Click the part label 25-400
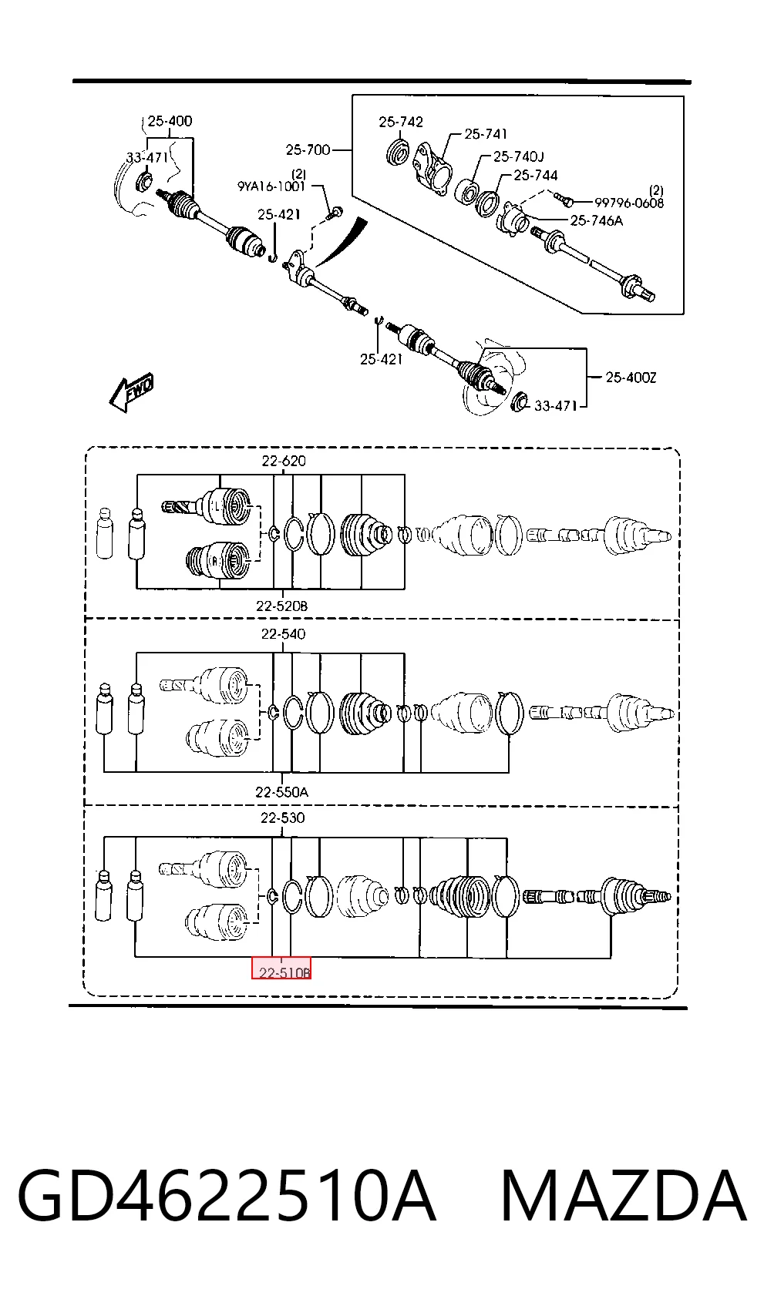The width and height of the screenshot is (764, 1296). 170,121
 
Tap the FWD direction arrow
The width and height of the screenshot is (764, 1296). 132,391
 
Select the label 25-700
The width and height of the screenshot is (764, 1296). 308,149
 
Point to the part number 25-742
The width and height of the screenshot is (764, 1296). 401,122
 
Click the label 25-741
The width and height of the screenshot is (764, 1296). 486,134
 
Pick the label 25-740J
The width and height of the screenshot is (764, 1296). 519,156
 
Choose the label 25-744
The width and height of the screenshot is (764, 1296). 536,175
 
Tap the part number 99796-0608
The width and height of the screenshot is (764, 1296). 629,203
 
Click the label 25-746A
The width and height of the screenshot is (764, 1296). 597,220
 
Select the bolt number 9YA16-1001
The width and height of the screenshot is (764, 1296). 271,186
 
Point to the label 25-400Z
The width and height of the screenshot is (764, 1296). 631,378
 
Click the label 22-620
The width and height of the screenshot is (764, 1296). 284,461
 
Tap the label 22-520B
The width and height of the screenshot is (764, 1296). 282,606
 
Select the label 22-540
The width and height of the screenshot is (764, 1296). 283,634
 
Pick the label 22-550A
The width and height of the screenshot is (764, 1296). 282,792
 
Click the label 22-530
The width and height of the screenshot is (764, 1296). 282,818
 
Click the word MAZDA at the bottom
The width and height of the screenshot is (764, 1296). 624,1195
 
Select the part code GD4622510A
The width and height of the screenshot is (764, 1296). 227,1195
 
